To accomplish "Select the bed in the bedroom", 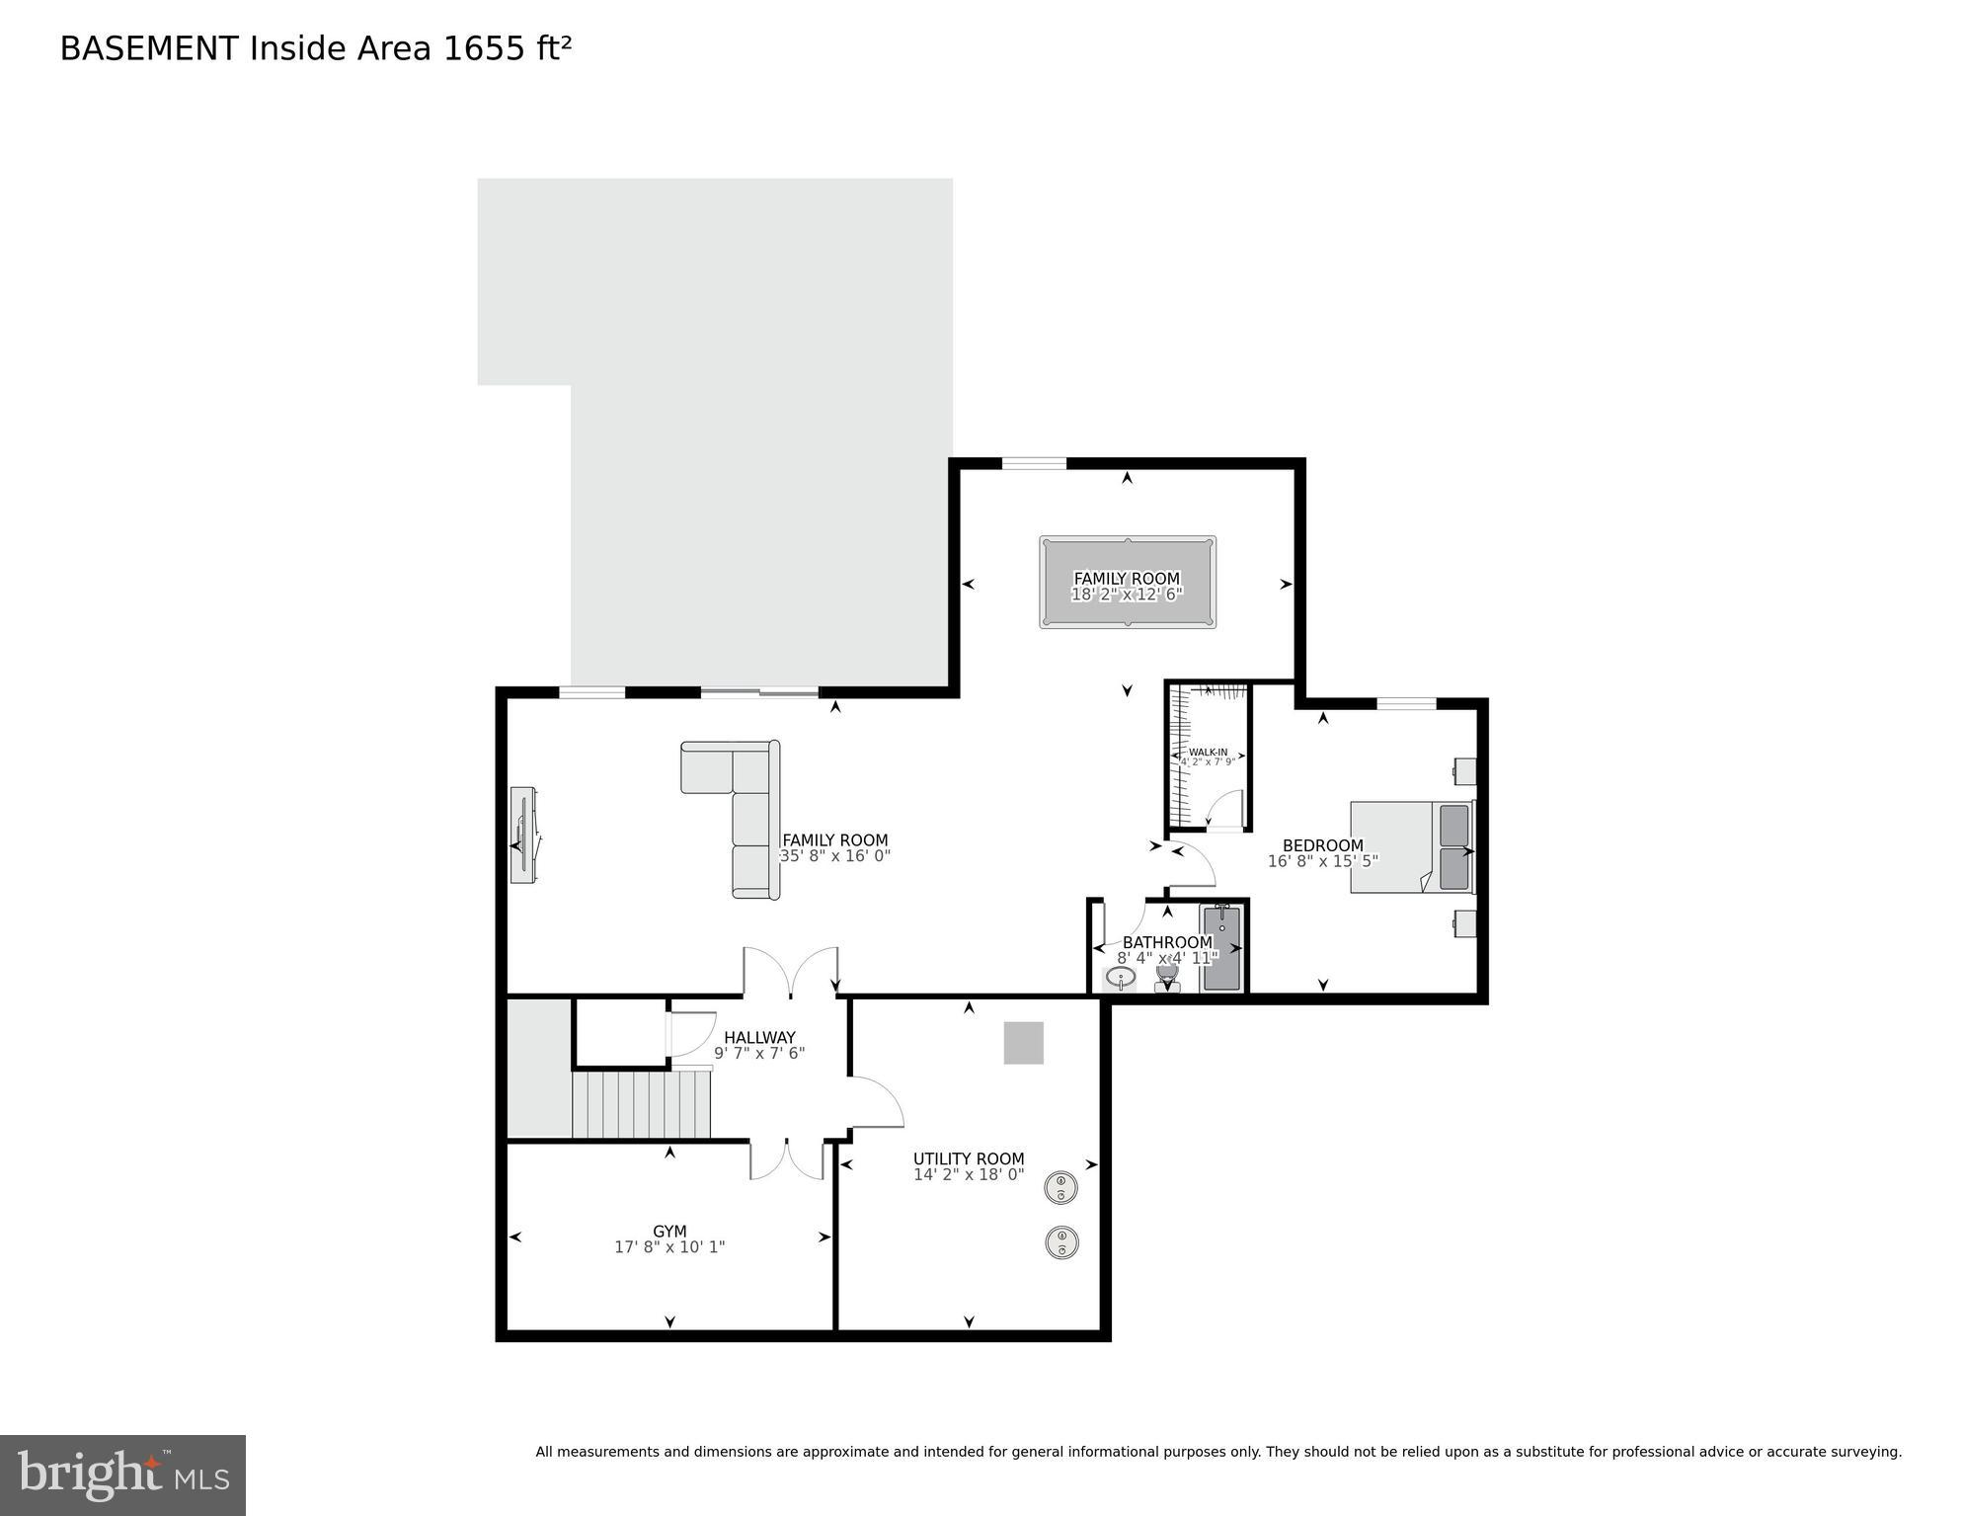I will point(1410,847).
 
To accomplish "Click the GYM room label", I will point(669,1232).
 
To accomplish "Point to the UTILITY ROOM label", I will point(968,1159).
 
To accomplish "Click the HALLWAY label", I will point(758,1037).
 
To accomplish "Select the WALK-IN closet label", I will point(1208,753).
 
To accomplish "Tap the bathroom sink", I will point(1120,978).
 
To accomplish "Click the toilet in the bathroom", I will point(1167,977).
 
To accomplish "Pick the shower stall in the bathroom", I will point(1220,948).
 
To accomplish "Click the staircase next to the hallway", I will point(641,1105).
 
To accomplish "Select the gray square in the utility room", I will point(1023,1043).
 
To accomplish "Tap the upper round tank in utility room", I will point(1060,1187).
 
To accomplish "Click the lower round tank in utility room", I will point(1060,1242).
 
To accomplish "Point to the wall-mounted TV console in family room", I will point(523,836).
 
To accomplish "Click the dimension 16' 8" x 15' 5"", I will point(1322,861).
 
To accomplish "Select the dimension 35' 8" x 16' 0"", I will point(835,856).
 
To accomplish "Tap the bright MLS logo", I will point(122,1476).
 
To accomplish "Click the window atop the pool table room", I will point(1034,463).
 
